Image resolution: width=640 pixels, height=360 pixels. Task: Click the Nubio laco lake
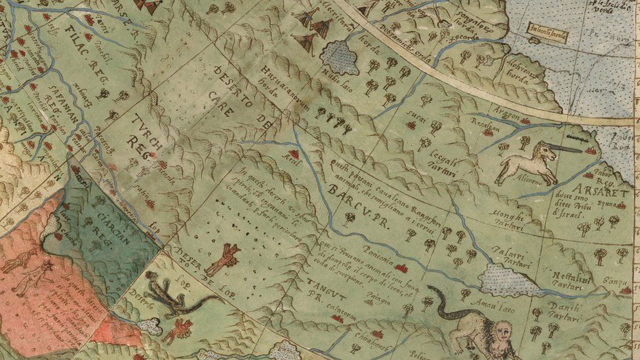(340, 58)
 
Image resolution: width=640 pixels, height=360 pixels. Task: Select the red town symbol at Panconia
(400, 268)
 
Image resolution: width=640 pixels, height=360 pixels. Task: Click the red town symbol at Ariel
(294, 154)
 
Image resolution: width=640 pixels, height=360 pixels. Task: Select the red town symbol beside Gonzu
(626, 290)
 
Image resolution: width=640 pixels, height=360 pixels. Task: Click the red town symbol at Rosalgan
(488, 133)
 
